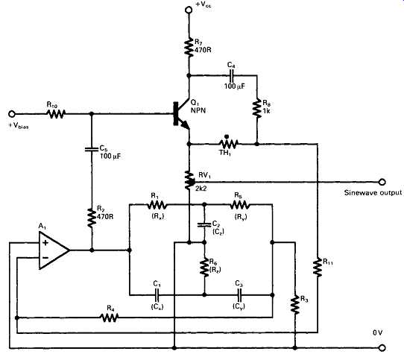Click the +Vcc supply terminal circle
[x=189, y=10]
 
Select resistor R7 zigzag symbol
[x=189, y=47]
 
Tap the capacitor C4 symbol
[x=231, y=75]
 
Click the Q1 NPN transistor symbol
[x=183, y=114]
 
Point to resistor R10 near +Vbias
[x=56, y=113]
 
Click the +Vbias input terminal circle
[x=12, y=113]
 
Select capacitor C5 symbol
[x=92, y=149]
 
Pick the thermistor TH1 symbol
[x=228, y=143]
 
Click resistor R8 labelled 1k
[x=256, y=108]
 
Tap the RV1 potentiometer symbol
[x=189, y=180]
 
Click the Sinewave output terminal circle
[x=382, y=182]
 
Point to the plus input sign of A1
[x=45, y=242]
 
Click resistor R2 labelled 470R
[x=92, y=218]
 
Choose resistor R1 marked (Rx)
[x=157, y=205]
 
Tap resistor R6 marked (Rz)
[x=204, y=268]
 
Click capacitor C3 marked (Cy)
[x=239, y=295]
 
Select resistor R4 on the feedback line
[x=110, y=318]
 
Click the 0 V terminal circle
[x=382, y=348]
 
